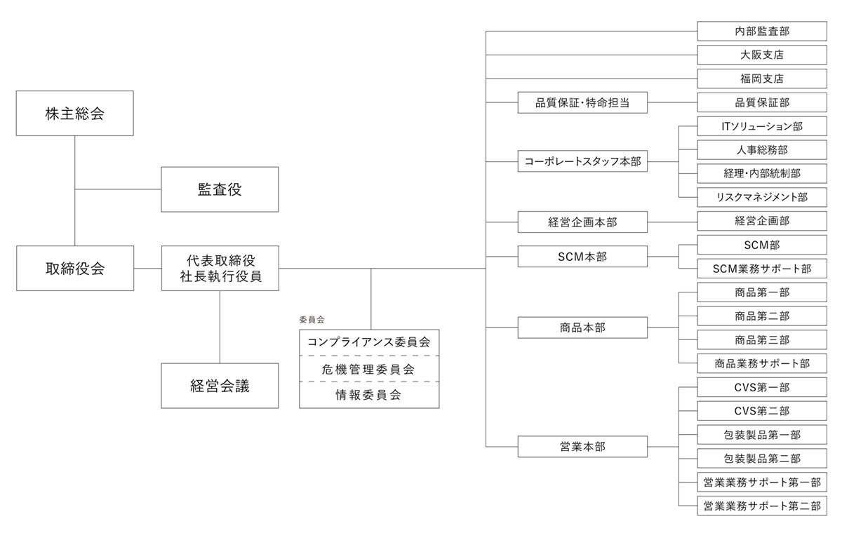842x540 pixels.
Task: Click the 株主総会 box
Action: (x=75, y=114)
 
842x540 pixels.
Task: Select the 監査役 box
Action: (x=220, y=189)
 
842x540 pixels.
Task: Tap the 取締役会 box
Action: (x=75, y=268)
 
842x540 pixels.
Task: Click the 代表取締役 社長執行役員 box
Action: (x=220, y=268)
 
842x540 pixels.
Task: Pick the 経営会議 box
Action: (x=220, y=386)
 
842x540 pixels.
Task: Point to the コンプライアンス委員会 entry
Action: (x=369, y=343)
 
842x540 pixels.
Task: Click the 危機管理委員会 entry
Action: (x=369, y=369)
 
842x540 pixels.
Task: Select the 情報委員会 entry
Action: (x=369, y=395)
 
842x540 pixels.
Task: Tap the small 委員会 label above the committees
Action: (x=311, y=319)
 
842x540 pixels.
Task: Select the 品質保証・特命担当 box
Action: (x=582, y=102)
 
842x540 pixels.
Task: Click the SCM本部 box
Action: (x=582, y=257)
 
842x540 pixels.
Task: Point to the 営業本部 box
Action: (x=582, y=447)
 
